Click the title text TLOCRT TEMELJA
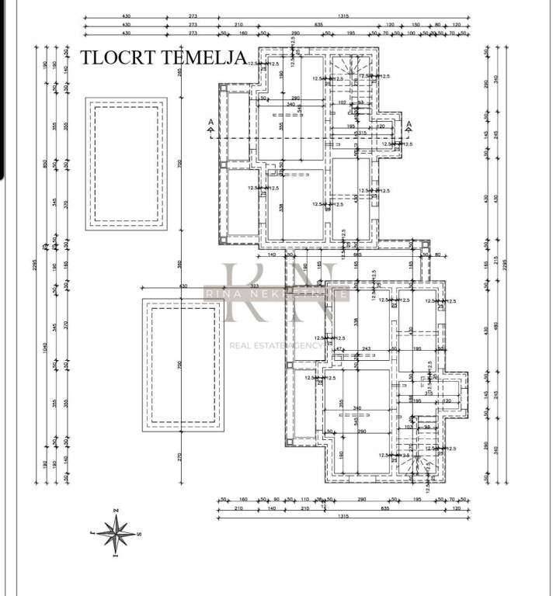point(163,57)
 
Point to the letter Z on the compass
point(116,510)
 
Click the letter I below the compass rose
point(115,556)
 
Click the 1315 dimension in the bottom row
point(343,516)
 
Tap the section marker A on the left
point(210,123)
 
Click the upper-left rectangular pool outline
point(126,163)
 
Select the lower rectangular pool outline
point(182,364)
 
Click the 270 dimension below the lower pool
point(179,456)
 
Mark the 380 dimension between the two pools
point(179,263)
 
